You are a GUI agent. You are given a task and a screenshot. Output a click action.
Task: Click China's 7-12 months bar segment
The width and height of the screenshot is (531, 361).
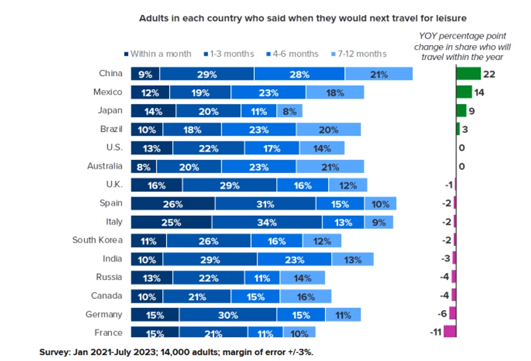[x=378, y=74]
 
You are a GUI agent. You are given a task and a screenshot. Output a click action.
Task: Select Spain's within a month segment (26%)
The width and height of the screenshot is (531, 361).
[x=173, y=204]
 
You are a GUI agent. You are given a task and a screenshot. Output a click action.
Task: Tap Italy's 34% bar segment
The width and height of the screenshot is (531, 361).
[x=267, y=222]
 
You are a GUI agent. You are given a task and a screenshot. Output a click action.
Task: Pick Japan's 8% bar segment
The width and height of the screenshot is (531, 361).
[x=289, y=111]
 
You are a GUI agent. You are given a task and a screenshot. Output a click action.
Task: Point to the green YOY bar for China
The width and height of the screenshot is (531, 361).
[x=469, y=74]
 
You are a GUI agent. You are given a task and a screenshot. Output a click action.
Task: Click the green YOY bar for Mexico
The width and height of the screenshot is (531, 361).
[x=464, y=92]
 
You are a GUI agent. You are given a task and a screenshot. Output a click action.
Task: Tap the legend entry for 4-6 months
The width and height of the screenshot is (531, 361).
[x=291, y=54]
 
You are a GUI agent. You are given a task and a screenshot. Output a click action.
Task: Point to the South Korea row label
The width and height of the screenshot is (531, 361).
[x=97, y=240]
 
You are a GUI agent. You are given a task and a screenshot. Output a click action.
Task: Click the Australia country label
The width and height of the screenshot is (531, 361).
[x=105, y=166]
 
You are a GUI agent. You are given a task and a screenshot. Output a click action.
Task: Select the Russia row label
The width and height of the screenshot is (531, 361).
[x=108, y=277]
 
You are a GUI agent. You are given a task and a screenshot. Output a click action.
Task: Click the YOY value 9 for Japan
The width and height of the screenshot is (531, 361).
[x=472, y=111]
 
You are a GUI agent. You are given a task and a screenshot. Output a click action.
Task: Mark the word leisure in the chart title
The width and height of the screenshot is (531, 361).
[x=451, y=18]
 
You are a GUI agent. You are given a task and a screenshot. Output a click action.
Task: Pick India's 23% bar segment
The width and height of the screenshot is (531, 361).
[x=294, y=259]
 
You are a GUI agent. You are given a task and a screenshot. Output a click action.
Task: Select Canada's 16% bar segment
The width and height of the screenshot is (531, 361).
[x=305, y=297]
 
